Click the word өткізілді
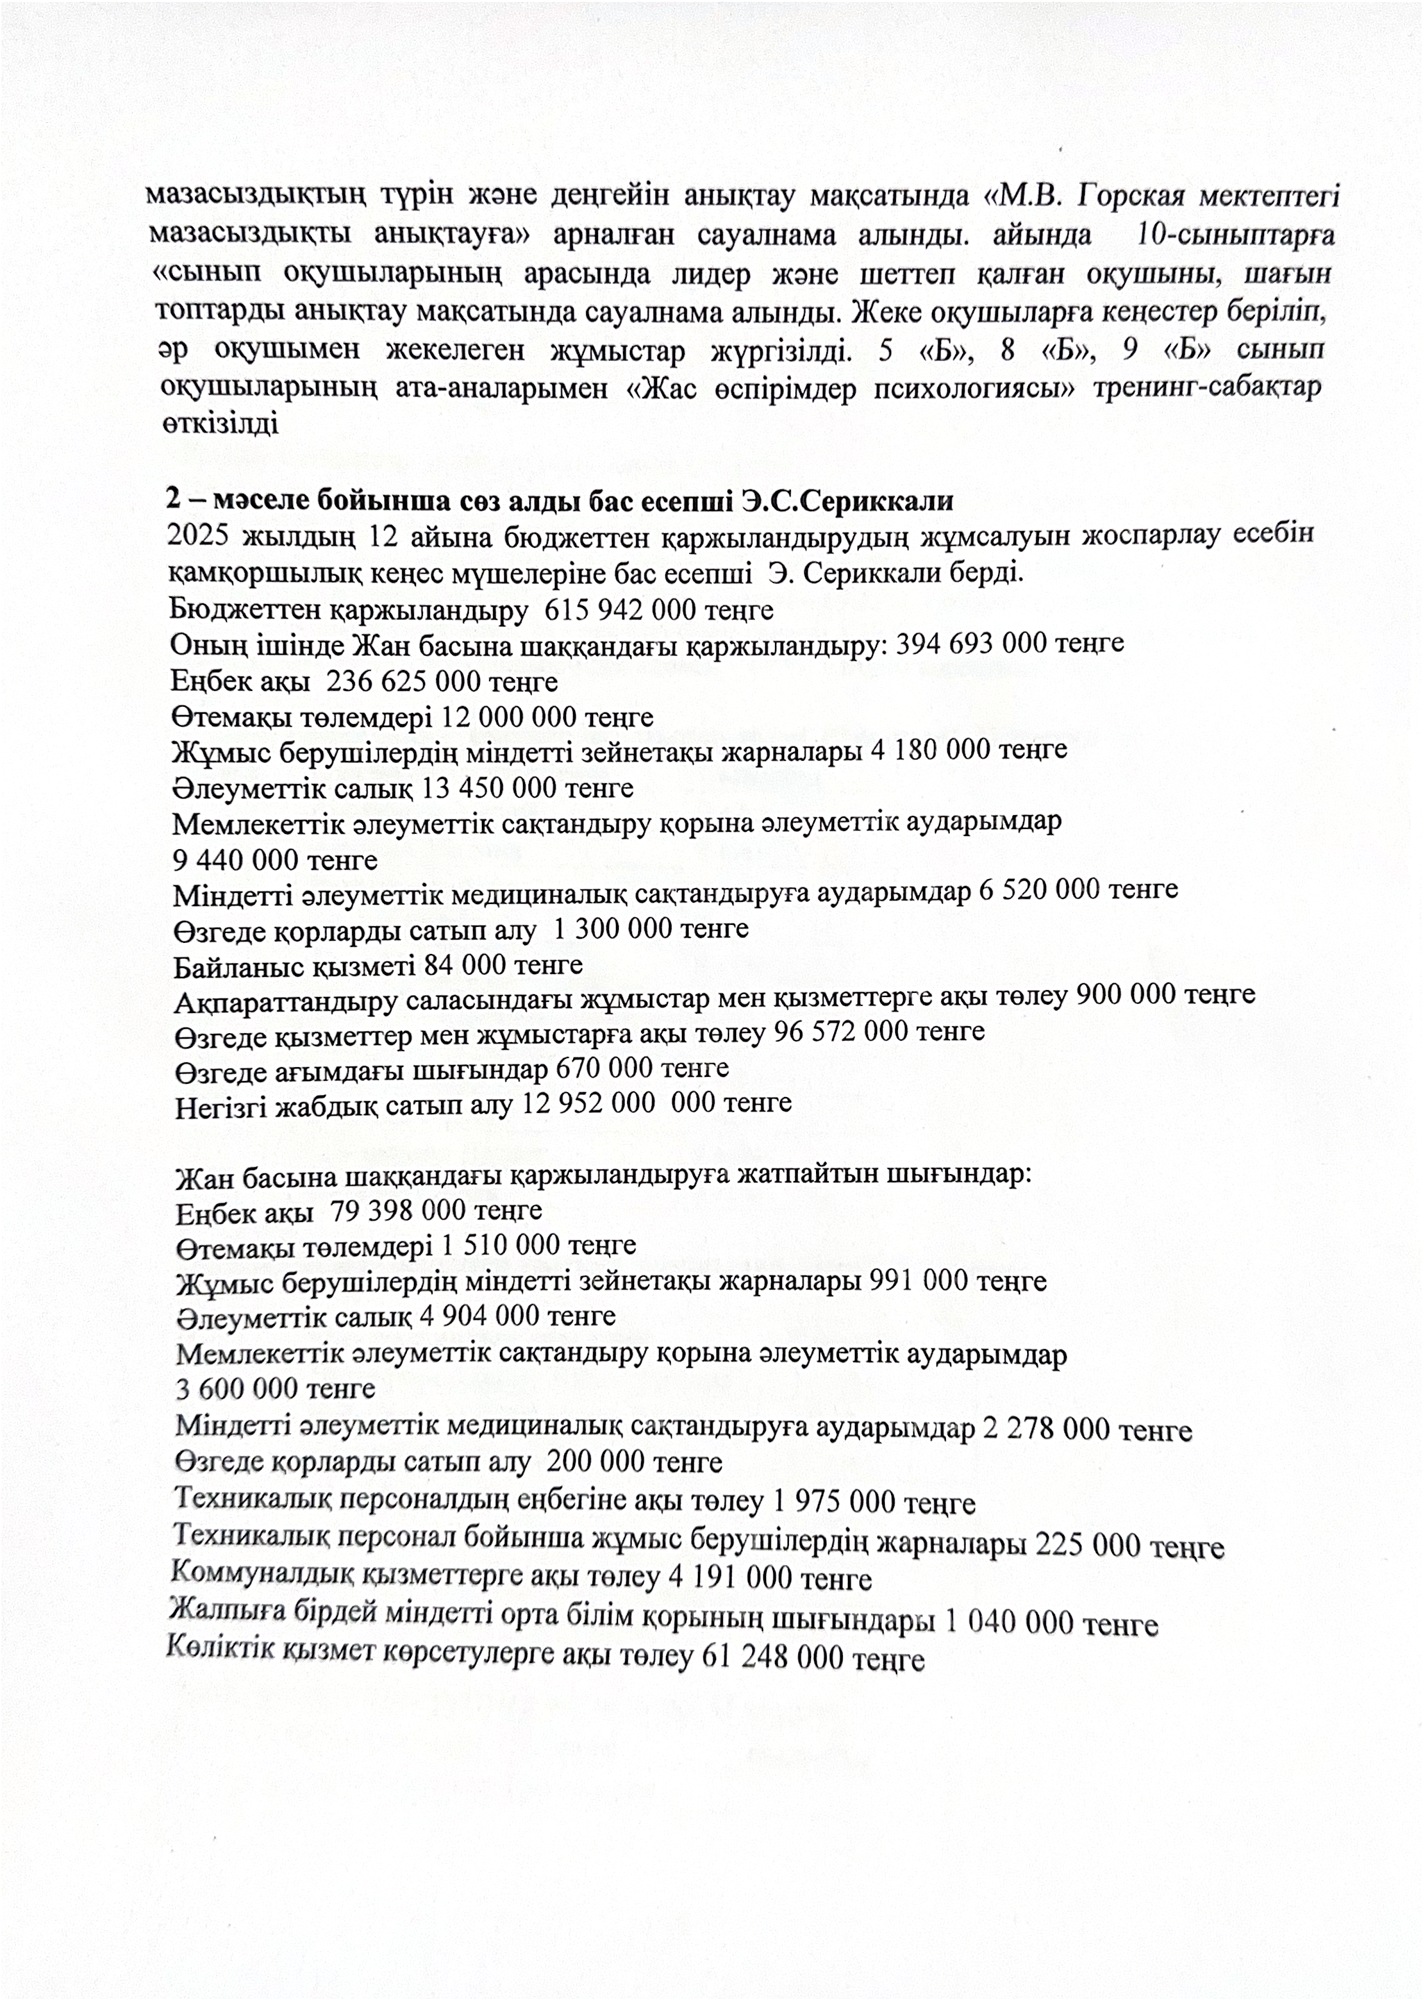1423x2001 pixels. tap(220, 424)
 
